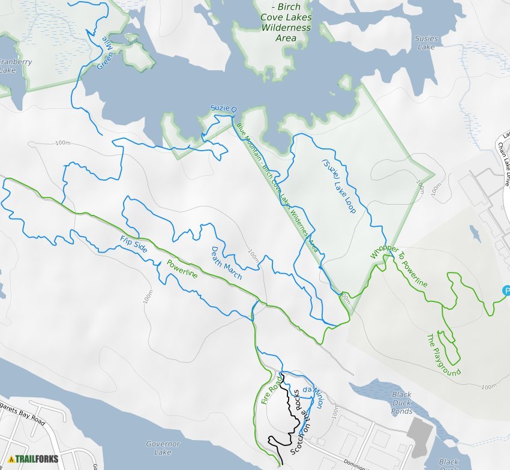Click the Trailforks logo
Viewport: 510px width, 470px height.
click(x=33, y=459)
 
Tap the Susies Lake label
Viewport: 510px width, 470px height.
click(x=426, y=43)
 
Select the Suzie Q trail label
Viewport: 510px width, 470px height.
click(x=224, y=108)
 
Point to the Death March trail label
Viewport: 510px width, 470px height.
click(x=225, y=264)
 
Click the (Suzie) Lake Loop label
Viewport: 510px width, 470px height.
click(x=339, y=187)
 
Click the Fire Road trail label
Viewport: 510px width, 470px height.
click(x=272, y=390)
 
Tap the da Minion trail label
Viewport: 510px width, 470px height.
click(x=313, y=397)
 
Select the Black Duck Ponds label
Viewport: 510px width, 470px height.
click(x=401, y=403)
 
